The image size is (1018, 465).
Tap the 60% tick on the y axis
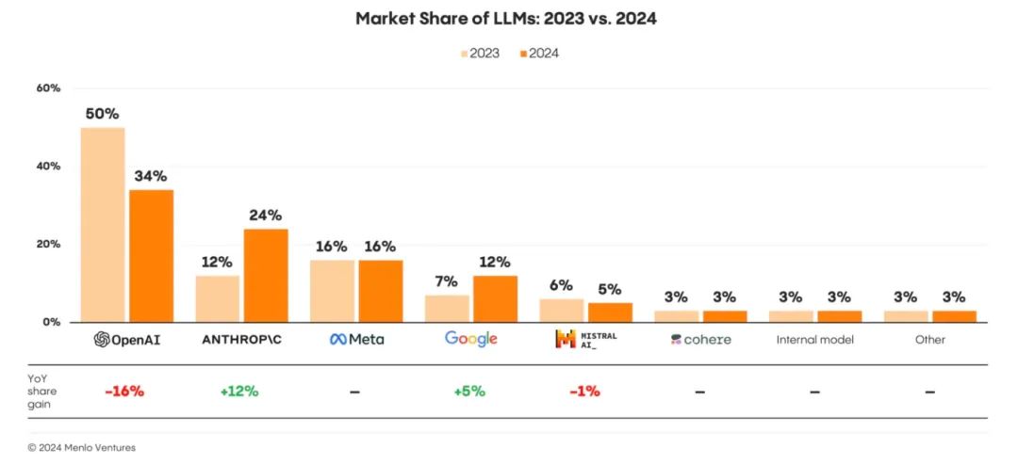[x=48, y=88]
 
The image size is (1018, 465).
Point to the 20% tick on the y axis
[x=48, y=244]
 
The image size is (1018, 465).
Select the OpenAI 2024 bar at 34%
[x=151, y=255]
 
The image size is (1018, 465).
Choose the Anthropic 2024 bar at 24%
[x=266, y=275]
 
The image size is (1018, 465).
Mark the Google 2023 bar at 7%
[x=447, y=308]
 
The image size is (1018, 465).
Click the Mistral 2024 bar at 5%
[x=610, y=312]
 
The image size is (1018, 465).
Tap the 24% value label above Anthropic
[x=266, y=215]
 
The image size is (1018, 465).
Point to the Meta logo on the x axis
[x=356, y=340]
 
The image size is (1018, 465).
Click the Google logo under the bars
[x=470, y=339]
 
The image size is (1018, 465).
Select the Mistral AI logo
[x=585, y=339]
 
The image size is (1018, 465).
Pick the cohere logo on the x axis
[x=700, y=340]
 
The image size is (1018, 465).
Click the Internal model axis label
[x=815, y=340]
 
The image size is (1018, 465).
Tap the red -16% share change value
[x=125, y=391]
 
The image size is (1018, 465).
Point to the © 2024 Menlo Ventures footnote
[x=82, y=448]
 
